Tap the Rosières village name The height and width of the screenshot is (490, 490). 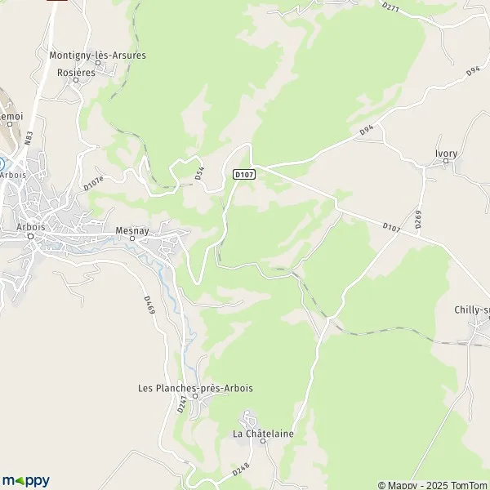tap(77, 72)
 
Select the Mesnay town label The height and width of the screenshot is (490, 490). tap(131, 229)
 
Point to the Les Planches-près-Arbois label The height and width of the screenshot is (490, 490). tap(195, 387)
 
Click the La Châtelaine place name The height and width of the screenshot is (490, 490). tap(263, 433)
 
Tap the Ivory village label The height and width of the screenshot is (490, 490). tap(445, 152)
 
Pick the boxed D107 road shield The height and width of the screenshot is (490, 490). tap(243, 174)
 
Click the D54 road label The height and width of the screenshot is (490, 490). tap(198, 173)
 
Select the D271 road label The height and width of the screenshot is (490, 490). tap(390, 8)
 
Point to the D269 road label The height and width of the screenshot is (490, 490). tap(417, 218)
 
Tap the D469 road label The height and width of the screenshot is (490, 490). tap(149, 305)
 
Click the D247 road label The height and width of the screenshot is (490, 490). tap(182, 403)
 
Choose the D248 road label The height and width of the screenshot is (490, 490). tap(239, 470)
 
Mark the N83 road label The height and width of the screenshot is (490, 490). tap(29, 140)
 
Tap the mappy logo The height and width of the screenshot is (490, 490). tap(25, 480)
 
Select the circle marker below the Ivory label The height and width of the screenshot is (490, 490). tap(445, 162)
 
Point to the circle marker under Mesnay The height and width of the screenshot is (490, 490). tap(131, 238)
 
